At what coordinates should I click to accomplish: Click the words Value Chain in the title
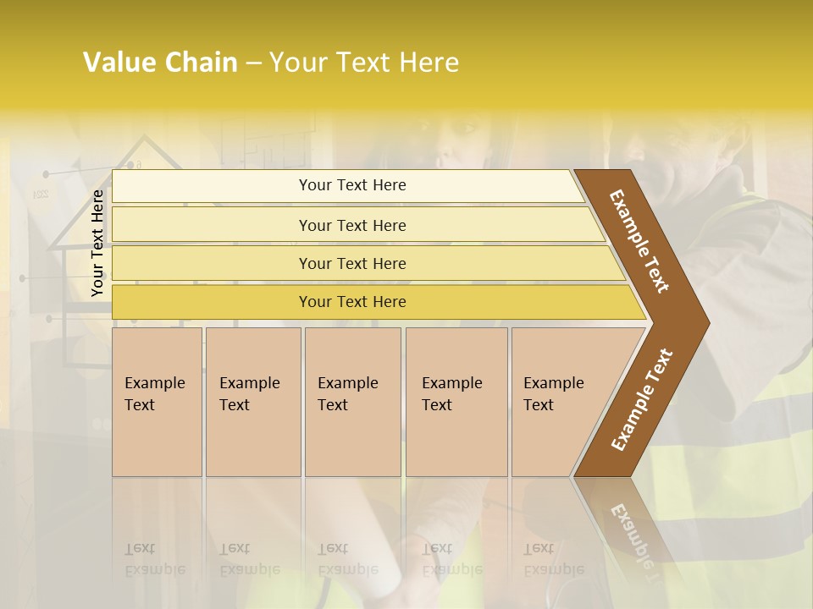160,63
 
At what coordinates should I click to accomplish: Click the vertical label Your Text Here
97,243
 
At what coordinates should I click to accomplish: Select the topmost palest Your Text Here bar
351,185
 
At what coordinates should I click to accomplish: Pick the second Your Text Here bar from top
351,225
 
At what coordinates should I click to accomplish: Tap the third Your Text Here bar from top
351,263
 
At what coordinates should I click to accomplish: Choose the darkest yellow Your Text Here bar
351,302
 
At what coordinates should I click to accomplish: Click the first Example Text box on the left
157,402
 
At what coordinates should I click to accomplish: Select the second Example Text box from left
253,402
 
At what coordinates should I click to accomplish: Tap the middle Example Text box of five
352,402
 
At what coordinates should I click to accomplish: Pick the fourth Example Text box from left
456,402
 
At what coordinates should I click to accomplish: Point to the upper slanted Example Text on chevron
639,241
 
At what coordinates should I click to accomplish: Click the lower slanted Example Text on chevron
642,399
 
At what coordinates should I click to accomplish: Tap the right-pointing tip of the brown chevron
702,323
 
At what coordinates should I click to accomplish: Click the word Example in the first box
154,383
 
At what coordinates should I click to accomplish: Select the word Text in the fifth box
538,405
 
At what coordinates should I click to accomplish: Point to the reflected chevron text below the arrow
633,533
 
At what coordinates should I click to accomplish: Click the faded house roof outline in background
127,161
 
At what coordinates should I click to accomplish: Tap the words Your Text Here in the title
364,63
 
